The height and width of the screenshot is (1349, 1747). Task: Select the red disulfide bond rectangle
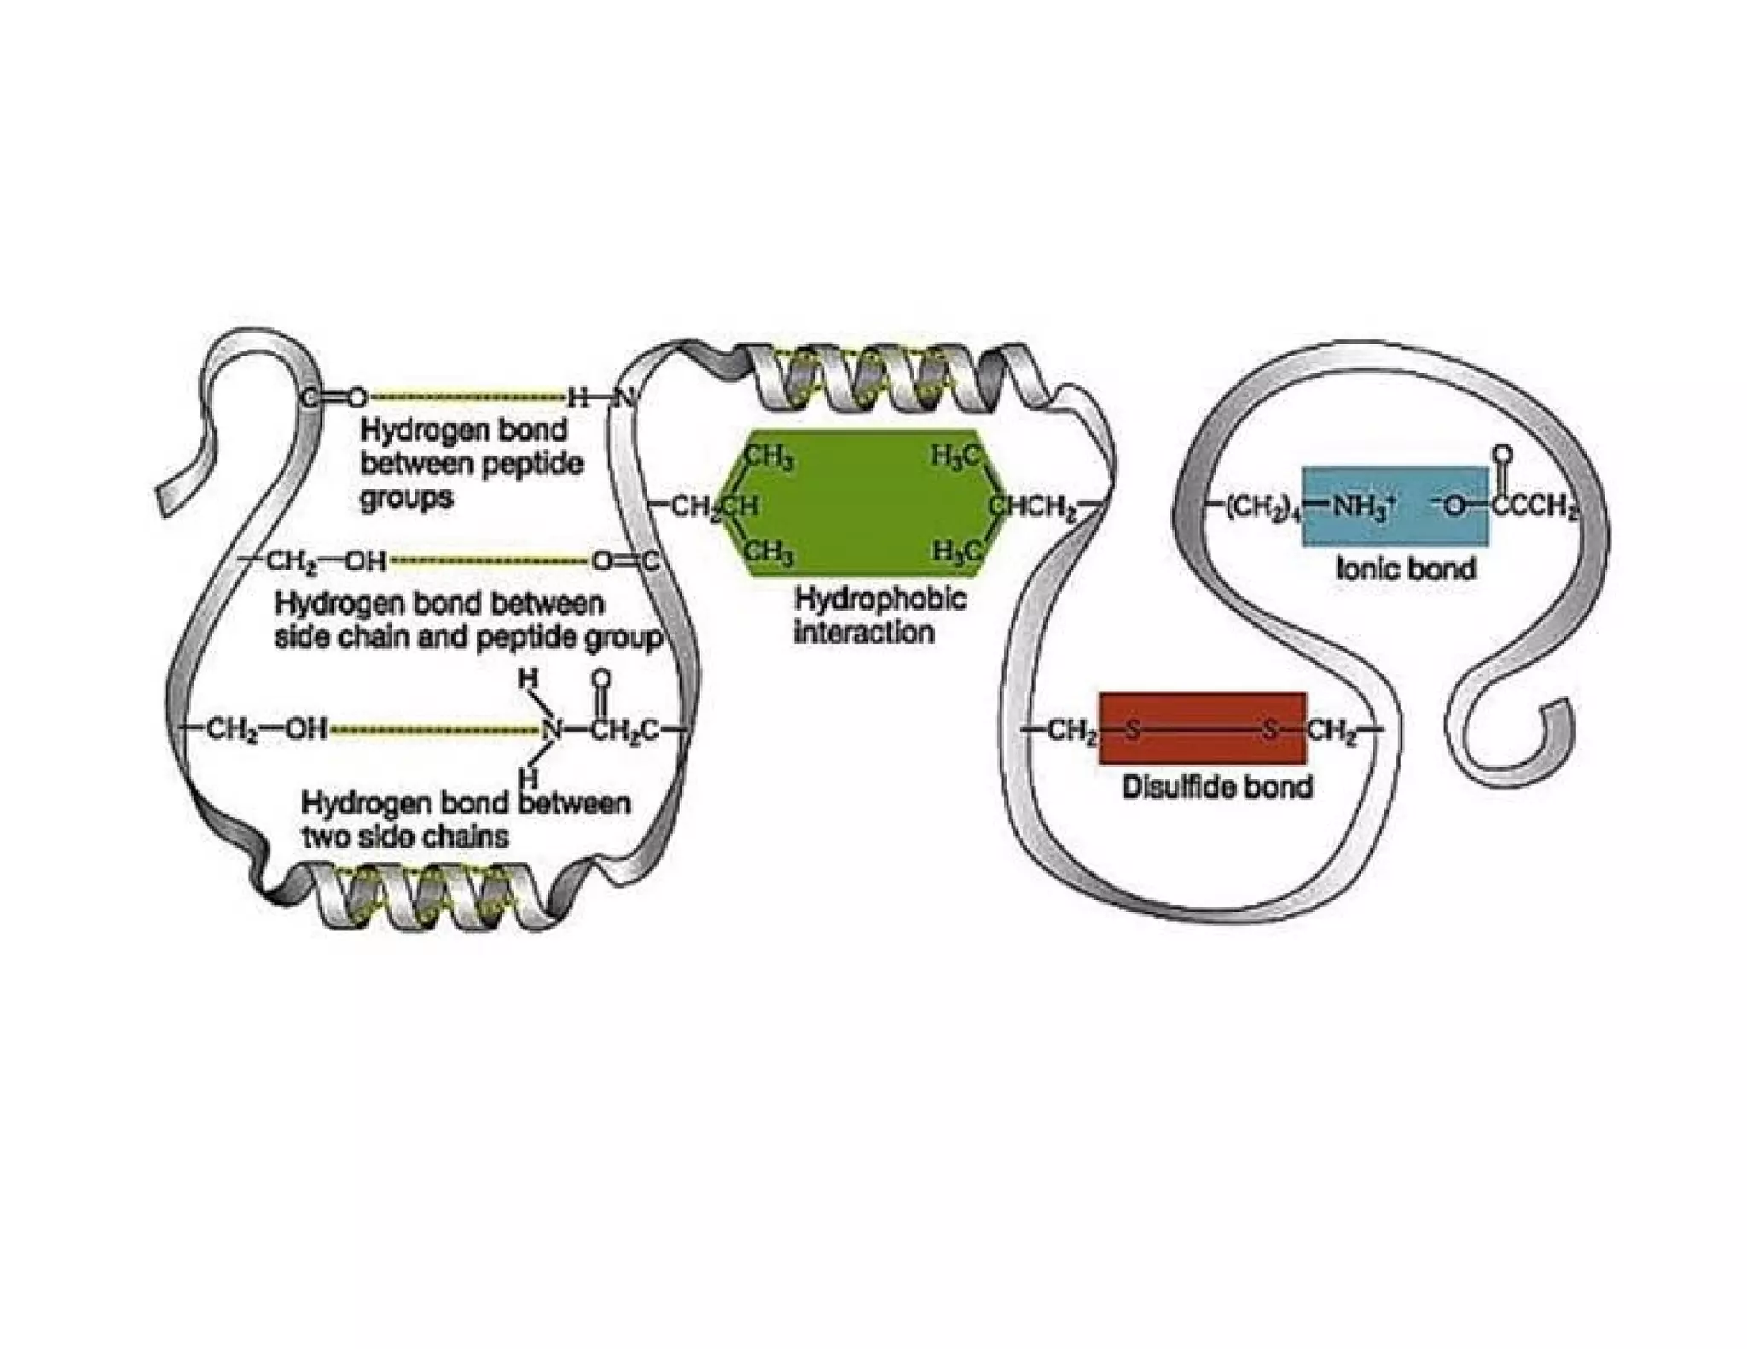point(1202,728)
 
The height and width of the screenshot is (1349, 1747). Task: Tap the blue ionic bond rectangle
point(1396,507)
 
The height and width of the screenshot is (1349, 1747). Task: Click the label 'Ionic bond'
point(1405,569)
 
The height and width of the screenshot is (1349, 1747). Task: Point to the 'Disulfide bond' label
point(1216,786)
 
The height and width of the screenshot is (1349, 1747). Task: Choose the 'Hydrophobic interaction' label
point(879,615)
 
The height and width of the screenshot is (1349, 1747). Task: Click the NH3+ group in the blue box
point(1362,507)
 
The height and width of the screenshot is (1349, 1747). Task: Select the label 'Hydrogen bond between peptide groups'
point(472,464)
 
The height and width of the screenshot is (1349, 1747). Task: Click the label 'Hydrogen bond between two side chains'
point(466,819)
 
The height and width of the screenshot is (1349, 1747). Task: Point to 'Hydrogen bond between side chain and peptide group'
point(467,621)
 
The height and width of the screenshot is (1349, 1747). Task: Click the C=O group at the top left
point(335,397)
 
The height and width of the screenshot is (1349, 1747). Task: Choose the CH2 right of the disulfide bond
point(1331,730)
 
